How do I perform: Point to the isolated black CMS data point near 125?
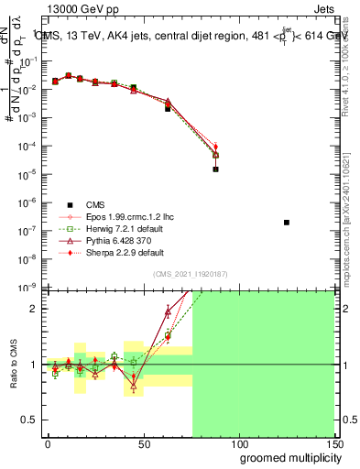pyautogui.click(x=287, y=223)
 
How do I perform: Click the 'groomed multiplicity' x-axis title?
pyautogui.click(x=286, y=457)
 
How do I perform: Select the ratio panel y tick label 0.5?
pyautogui.click(x=27, y=420)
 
